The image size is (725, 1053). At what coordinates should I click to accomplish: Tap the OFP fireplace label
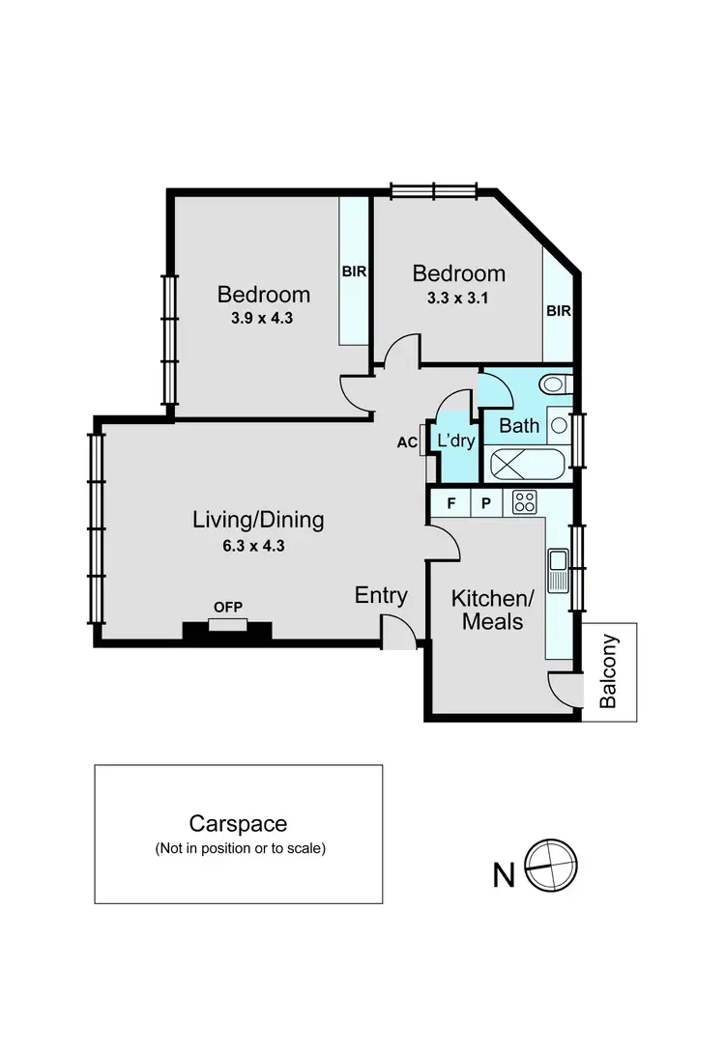point(228,607)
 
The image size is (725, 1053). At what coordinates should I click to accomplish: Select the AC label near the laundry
point(406,443)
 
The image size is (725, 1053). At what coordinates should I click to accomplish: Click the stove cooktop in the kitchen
point(525,501)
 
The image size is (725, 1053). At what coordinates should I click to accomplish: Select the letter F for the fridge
point(450,502)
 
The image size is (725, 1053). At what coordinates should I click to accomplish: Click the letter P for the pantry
point(486,502)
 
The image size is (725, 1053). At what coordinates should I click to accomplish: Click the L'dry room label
point(456,441)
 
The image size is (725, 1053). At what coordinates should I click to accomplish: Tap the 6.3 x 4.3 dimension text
point(258,545)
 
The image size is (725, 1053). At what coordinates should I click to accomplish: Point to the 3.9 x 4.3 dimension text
point(263,316)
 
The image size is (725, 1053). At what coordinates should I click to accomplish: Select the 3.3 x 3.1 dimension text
point(458,298)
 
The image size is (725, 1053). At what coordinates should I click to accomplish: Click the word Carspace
point(238,824)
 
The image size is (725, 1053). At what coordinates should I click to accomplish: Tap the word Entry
point(381,595)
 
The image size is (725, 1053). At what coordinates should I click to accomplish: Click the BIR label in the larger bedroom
point(354,271)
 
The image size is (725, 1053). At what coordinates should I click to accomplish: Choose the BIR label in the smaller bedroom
point(559,311)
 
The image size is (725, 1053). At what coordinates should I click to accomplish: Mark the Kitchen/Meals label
point(492,610)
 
